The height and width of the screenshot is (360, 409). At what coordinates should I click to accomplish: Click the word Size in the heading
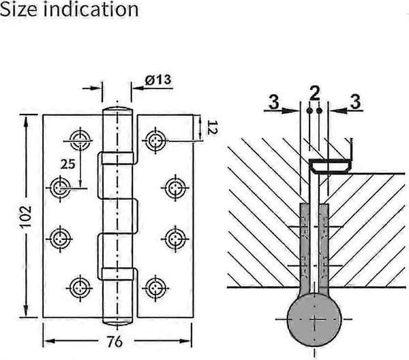[x=18, y=10]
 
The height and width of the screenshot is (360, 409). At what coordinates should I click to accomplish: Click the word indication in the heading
[x=91, y=10]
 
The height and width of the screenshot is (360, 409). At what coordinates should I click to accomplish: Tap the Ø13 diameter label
[x=158, y=80]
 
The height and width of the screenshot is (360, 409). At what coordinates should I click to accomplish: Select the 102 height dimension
[x=26, y=217]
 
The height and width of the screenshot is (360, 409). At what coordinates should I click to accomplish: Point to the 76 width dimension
[x=115, y=341]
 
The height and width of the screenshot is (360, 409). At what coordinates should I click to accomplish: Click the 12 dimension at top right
[x=212, y=127]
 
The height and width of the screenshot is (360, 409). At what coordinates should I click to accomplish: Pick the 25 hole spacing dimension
[x=67, y=164]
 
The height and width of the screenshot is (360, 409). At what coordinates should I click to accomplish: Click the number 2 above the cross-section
[x=314, y=93]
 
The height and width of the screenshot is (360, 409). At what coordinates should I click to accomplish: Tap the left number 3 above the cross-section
[x=273, y=102]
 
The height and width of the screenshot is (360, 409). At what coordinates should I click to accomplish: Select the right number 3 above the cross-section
[x=355, y=102]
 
